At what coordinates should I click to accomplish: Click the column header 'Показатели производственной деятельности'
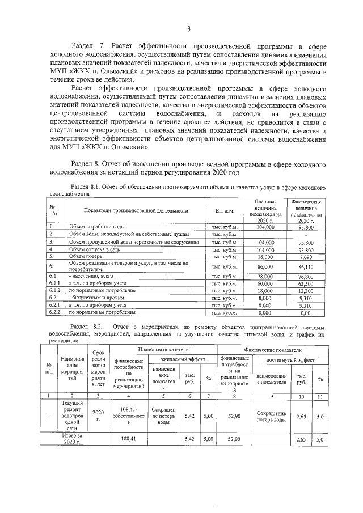(x=136, y=210)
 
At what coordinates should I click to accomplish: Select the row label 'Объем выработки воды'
(x=94, y=226)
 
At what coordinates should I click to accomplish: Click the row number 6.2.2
(x=54, y=312)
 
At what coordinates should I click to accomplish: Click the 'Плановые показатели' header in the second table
(x=164, y=351)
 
